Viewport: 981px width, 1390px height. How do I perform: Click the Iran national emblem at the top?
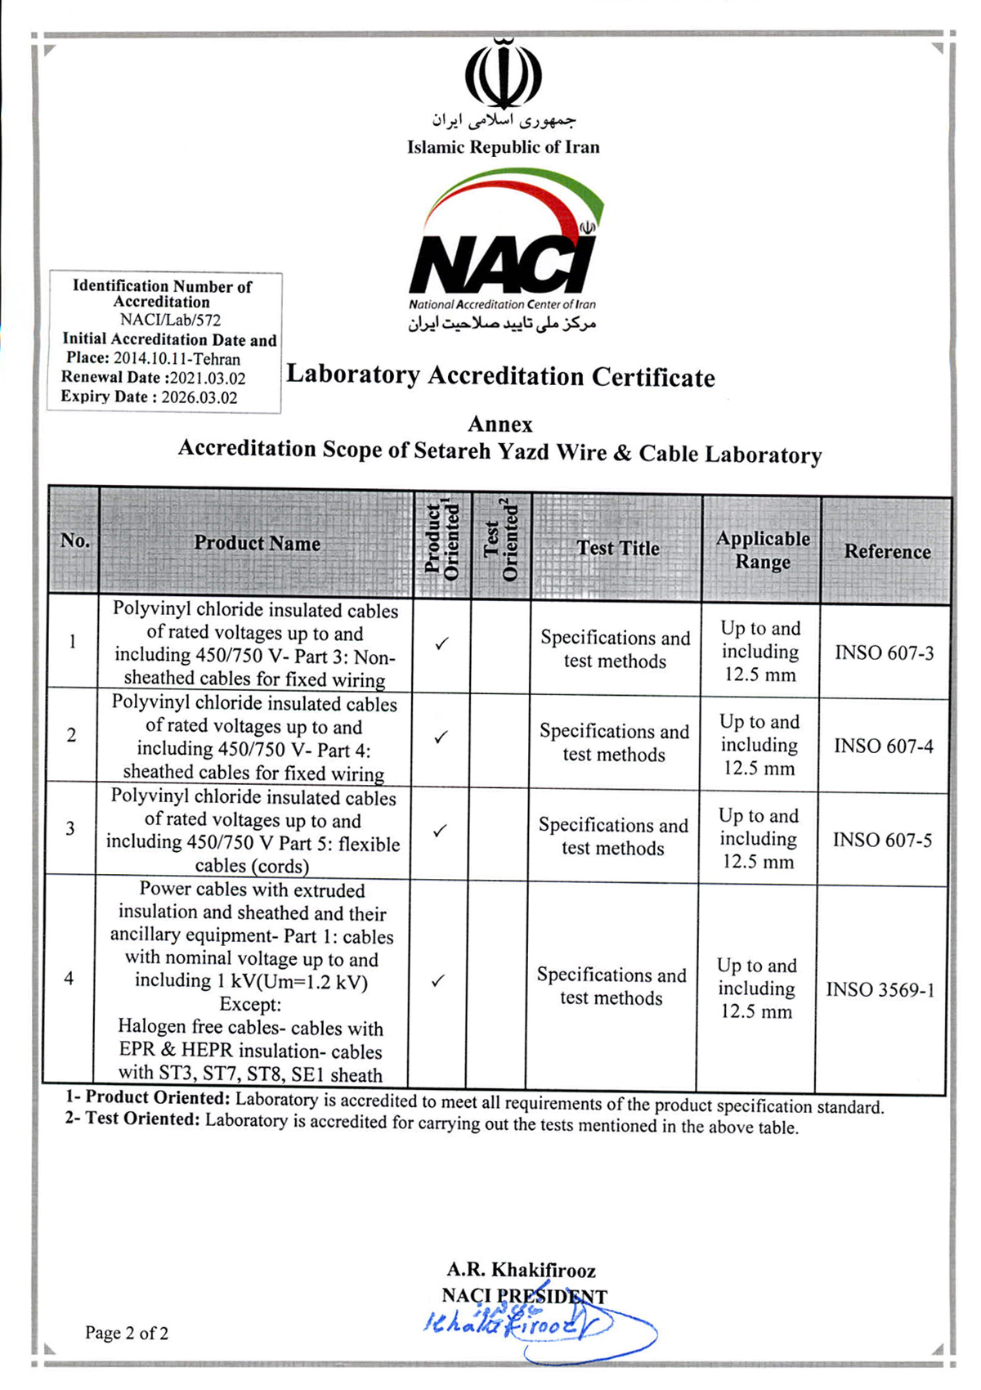pos(504,74)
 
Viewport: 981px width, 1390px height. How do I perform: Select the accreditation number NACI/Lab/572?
pos(170,321)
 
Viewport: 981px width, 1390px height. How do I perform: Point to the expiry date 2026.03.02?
pos(199,398)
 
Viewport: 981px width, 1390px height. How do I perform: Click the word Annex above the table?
pos(500,424)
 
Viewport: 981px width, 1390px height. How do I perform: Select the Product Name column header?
pos(257,544)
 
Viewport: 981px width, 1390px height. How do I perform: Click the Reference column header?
pos(887,552)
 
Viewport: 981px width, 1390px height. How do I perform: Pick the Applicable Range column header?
pos(763,550)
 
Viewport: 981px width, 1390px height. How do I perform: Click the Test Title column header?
pos(618,549)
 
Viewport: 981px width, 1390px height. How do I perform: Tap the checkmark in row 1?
pos(442,644)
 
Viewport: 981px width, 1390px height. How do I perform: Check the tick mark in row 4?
pos(438,980)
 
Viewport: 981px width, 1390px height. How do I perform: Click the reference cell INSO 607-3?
pos(884,653)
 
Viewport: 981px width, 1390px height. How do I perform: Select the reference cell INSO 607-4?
pos(883,747)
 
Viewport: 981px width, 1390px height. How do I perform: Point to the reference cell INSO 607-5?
pos(882,841)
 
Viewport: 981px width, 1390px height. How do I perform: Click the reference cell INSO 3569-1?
pos(880,990)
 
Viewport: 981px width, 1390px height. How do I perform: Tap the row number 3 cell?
pos(70,829)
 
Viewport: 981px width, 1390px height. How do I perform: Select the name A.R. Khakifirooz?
pos(521,1271)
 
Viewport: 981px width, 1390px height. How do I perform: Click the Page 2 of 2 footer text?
pos(127,1334)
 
